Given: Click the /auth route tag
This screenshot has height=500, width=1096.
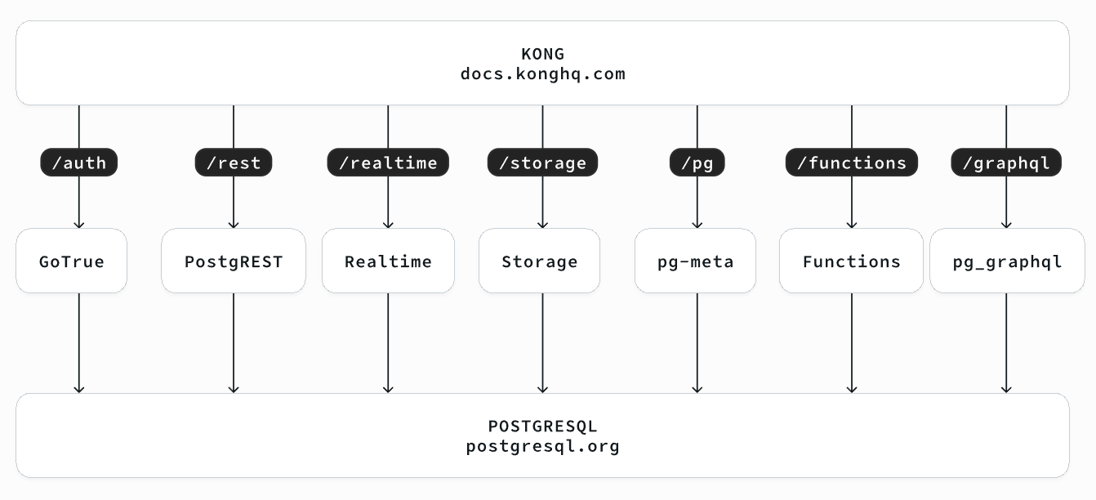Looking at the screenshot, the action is point(78,163).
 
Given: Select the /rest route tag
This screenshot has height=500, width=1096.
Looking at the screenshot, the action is point(234,163).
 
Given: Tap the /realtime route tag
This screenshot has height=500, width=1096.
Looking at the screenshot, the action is point(388,163).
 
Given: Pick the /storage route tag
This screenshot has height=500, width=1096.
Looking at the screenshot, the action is point(542,163).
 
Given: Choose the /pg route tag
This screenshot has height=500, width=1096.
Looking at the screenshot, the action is point(697,163).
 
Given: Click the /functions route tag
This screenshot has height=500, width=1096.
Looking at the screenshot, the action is point(852,163).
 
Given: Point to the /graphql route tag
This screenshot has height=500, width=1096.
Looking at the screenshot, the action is point(1006,163).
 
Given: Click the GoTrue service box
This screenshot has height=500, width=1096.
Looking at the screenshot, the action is point(71,261).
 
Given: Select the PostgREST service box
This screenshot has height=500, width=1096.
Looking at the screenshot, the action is point(234,261).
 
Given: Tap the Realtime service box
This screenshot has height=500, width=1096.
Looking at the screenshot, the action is point(388,261).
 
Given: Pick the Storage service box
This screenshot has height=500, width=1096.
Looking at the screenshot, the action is point(539,261).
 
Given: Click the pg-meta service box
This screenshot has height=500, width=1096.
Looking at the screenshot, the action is point(695,261).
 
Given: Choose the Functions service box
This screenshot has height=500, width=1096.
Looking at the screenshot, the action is point(851,261).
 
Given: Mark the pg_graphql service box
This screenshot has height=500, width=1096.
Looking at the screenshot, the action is point(1007,261).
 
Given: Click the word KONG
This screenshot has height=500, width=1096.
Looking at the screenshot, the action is point(542,54).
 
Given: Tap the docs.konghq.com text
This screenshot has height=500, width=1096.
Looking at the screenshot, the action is point(542,74).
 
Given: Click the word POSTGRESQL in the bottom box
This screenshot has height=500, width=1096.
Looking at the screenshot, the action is point(542,426).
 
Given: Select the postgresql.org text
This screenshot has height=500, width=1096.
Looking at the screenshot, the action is point(542,447).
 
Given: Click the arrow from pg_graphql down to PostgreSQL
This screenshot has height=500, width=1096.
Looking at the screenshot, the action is point(1006,343).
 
